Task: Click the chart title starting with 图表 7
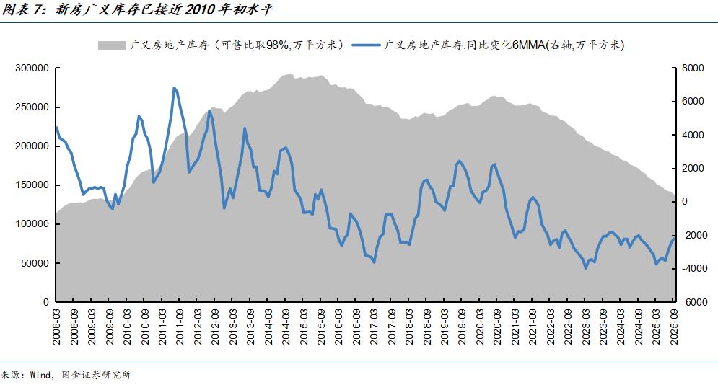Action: pyautogui.click(x=137, y=10)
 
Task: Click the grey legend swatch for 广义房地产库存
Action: pyautogui.click(x=112, y=45)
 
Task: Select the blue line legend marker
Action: pyautogui.click(x=366, y=45)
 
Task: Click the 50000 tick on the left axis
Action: pyautogui.click(x=34, y=263)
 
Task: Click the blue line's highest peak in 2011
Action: pyautogui.click(x=174, y=88)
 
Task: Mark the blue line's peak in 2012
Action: pyautogui.click(x=209, y=110)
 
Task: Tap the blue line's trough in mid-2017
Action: pyautogui.click(x=374, y=262)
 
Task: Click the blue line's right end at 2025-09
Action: pyautogui.click(x=675, y=239)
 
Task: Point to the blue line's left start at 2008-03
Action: pyautogui.click(x=56, y=127)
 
